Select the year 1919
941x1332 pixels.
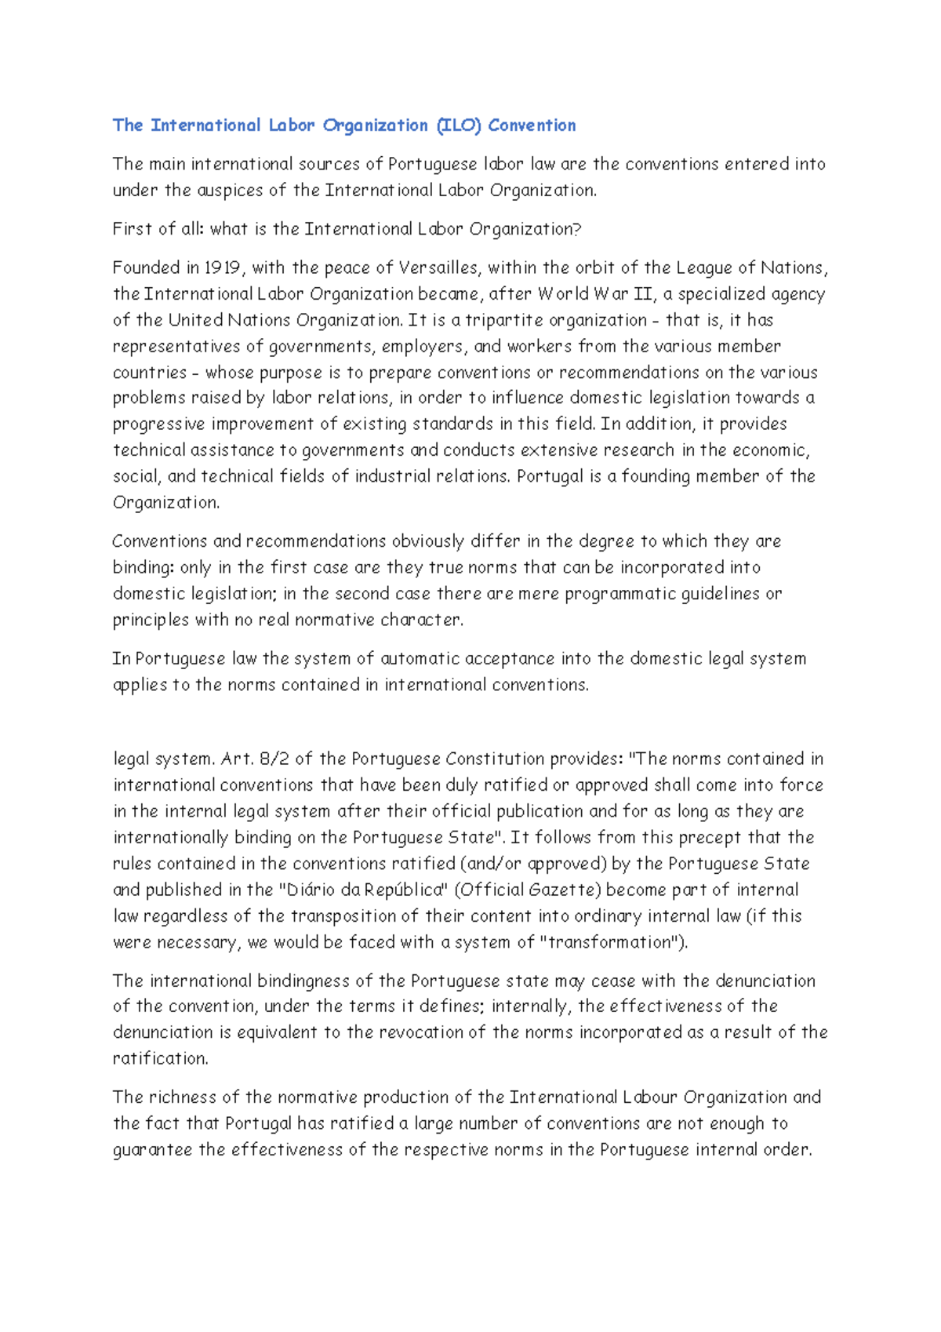(x=222, y=268)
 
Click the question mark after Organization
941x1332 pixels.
(x=577, y=229)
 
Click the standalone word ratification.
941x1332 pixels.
(x=161, y=1059)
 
